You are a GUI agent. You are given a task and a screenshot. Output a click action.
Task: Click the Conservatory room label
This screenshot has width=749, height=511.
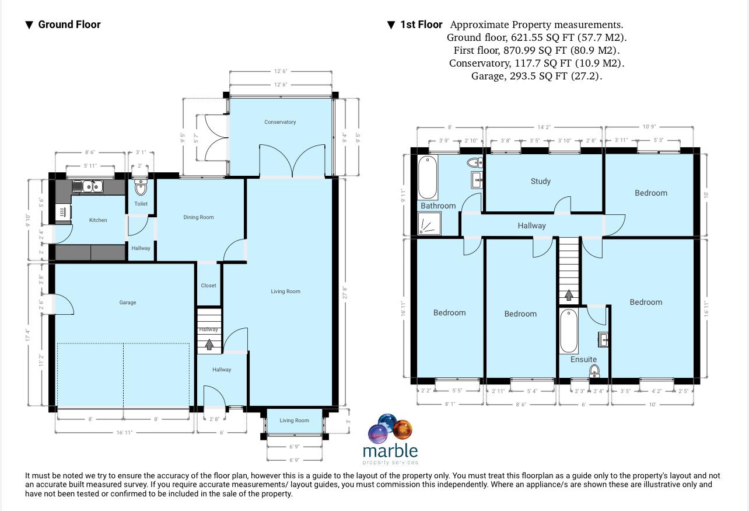click(x=280, y=122)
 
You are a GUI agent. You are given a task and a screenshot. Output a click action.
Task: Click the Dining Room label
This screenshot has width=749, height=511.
click(x=198, y=217)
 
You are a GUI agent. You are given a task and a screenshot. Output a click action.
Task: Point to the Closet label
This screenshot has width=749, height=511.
click(x=208, y=286)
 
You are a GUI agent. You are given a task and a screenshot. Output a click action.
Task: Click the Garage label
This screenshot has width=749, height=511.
click(x=128, y=303)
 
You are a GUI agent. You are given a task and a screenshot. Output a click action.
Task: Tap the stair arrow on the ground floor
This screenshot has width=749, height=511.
click(x=209, y=345)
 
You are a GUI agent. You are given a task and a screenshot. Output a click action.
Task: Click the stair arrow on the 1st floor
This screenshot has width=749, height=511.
click(x=568, y=295)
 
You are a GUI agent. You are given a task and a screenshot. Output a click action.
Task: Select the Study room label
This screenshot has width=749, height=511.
click(x=540, y=181)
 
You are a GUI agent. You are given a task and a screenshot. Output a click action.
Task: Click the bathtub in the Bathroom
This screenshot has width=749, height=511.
click(x=426, y=178)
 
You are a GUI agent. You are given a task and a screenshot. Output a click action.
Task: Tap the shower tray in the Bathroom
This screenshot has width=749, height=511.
click(x=429, y=224)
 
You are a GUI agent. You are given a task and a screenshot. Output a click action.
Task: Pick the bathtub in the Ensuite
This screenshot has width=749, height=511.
click(x=568, y=331)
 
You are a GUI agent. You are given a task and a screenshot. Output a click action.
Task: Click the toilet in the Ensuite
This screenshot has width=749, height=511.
click(x=594, y=371)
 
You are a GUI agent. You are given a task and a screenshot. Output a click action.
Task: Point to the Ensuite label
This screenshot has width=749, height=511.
click(x=583, y=359)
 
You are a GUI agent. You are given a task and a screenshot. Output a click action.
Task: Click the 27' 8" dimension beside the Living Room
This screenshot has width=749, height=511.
click(x=345, y=292)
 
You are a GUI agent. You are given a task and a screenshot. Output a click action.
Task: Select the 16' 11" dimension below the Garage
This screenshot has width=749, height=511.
click(x=124, y=433)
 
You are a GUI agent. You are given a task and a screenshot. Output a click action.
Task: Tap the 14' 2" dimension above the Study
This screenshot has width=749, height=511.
click(x=544, y=127)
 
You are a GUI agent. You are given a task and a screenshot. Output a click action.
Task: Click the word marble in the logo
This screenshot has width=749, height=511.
click(x=390, y=451)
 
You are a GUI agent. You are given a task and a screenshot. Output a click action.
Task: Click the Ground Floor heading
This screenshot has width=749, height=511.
click(x=69, y=25)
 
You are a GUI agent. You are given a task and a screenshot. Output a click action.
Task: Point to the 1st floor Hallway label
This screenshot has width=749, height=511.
click(x=531, y=225)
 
